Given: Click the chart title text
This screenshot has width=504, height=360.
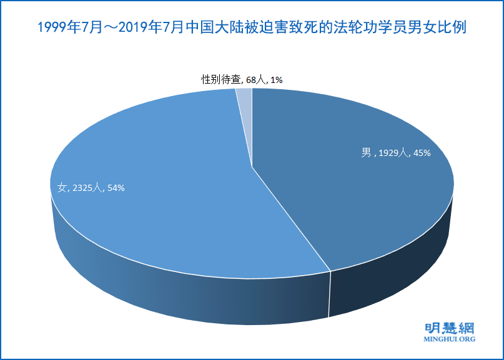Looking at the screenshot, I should pos(252,28).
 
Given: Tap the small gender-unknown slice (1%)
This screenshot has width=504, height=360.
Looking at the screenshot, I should pos(245,97).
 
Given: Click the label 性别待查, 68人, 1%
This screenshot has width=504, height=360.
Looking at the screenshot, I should pos(242,79).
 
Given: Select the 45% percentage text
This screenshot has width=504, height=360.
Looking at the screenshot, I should pos(420,152).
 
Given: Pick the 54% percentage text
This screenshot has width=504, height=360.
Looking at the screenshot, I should pos(115,187).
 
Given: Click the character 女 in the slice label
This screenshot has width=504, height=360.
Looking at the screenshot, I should pos(61,187).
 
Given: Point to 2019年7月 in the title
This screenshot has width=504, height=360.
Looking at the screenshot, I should pos(151,28).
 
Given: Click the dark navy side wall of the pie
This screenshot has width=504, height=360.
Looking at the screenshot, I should pos(400,275).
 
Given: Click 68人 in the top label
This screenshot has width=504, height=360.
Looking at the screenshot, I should pos(257,79).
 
